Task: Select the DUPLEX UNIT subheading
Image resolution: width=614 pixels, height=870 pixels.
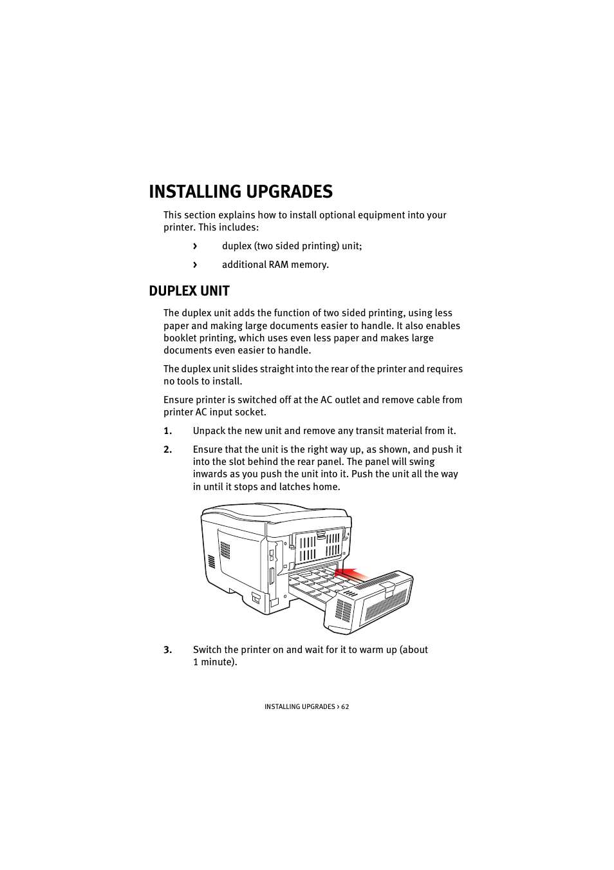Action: click(x=189, y=291)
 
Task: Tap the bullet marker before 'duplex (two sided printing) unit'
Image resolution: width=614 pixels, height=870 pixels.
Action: click(x=195, y=247)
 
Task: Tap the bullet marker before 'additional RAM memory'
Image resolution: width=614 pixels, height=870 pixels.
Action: click(x=195, y=265)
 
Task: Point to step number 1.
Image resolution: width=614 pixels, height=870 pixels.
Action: click(x=167, y=431)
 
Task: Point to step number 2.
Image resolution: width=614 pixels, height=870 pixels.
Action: click(x=167, y=449)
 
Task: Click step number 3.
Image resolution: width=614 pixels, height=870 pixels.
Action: click(x=167, y=650)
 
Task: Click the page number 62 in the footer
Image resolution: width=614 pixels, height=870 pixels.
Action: click(x=345, y=706)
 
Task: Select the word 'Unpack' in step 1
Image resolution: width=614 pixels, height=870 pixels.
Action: click(x=209, y=431)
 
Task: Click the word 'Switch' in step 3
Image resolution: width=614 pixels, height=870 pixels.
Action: click(x=207, y=650)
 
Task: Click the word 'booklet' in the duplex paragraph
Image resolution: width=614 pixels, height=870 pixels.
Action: click(x=181, y=338)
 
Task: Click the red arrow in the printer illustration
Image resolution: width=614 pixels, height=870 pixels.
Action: click(x=353, y=575)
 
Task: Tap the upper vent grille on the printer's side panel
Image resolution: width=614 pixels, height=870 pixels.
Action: click(x=225, y=550)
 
